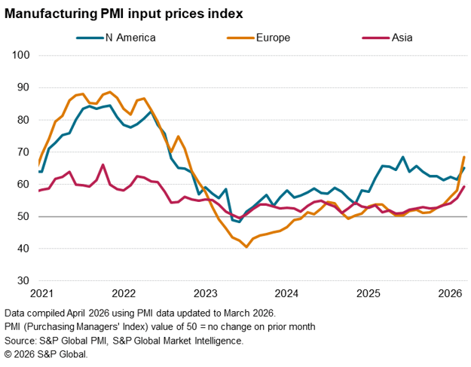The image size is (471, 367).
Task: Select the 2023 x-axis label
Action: (205, 293)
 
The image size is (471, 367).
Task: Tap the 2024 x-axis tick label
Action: (287, 293)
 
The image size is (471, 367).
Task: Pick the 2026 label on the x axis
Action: (450, 293)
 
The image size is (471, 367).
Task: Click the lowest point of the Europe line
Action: (246, 246)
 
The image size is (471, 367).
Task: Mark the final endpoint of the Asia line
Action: (464, 186)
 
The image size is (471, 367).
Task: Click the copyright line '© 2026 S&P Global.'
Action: (46, 354)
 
